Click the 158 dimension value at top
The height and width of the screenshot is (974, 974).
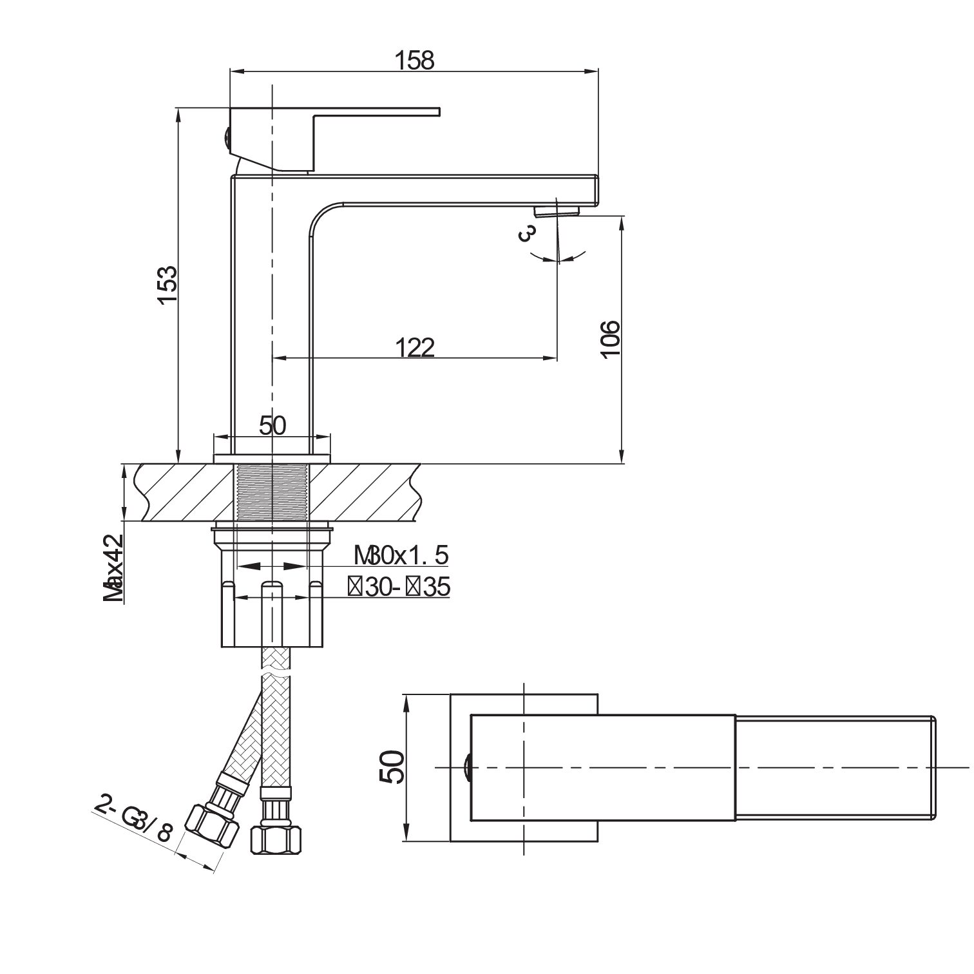pyautogui.click(x=415, y=59)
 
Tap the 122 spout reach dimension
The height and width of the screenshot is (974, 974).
pyautogui.click(x=415, y=347)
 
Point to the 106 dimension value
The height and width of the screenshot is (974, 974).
pyautogui.click(x=609, y=339)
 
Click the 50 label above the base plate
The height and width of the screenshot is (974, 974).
pyautogui.click(x=272, y=425)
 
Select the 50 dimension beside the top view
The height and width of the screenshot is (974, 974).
pyautogui.click(x=392, y=767)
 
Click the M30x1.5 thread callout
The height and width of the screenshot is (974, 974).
pyautogui.click(x=400, y=554)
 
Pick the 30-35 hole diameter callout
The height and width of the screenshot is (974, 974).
pyautogui.click(x=399, y=587)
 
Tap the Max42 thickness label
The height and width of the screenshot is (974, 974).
pyautogui.click(x=114, y=568)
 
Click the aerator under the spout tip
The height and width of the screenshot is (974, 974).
pyautogui.click(x=556, y=210)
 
